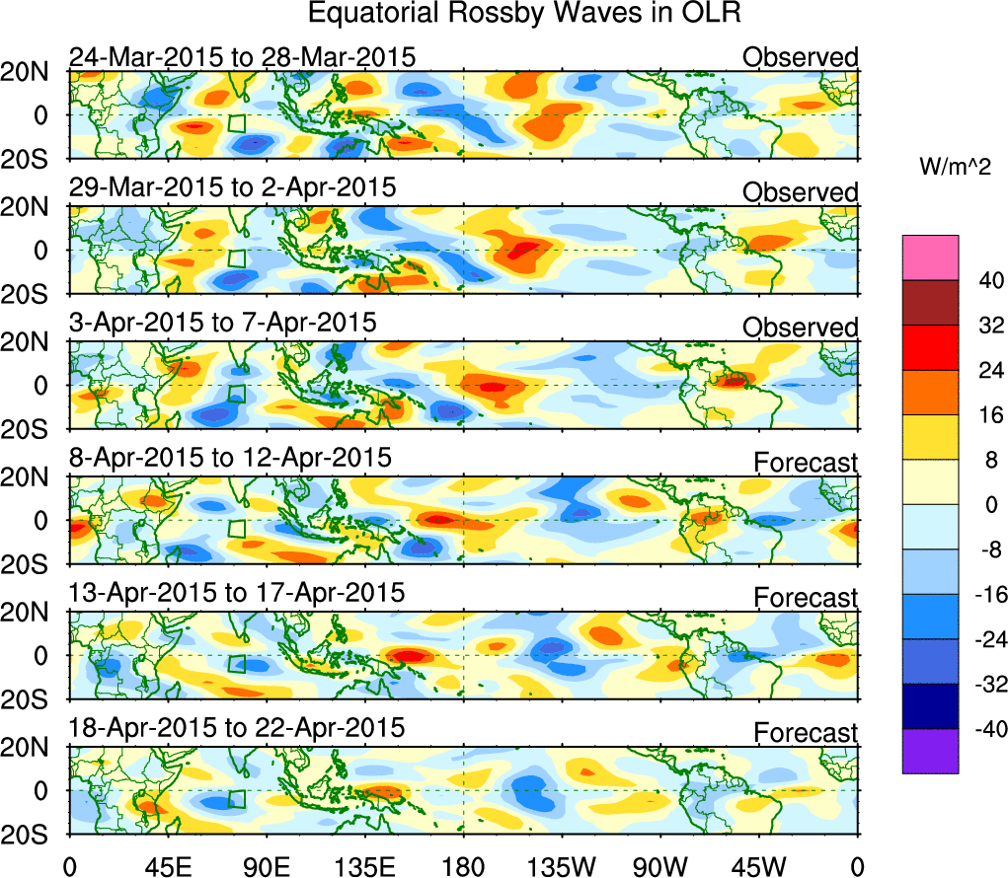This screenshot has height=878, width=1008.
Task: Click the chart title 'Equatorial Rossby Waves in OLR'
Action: (523, 15)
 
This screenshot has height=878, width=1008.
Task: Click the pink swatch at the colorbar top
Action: (929, 257)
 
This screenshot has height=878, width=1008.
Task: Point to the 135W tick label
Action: (563, 865)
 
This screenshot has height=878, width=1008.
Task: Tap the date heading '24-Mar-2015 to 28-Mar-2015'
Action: (242, 57)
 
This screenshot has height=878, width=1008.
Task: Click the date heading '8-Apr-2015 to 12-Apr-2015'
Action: (230, 459)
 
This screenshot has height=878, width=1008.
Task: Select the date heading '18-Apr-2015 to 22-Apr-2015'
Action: (237, 729)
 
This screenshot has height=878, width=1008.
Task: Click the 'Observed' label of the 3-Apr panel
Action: (801, 327)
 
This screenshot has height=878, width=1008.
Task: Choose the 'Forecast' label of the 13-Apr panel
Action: (807, 597)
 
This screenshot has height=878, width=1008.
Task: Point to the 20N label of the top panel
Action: (35, 72)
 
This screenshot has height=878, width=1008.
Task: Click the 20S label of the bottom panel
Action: (35, 835)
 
